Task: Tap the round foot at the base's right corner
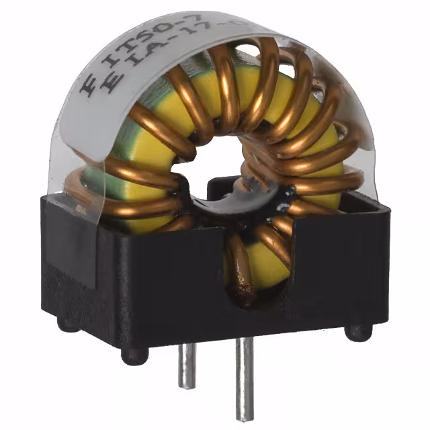(357, 331)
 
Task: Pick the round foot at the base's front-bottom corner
(134, 355)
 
